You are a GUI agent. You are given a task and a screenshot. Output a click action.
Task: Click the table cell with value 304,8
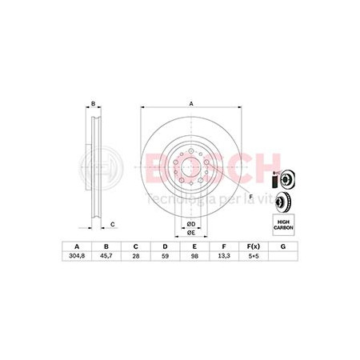(77, 256)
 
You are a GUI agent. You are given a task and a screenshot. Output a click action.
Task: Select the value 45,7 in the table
(106, 256)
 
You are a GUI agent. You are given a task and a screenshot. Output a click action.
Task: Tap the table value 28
(136, 256)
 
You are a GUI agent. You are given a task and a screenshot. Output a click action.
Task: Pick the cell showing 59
(165, 256)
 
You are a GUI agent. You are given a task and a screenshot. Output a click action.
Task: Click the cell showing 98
(194, 256)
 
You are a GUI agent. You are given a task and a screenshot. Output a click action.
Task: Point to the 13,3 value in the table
(224, 256)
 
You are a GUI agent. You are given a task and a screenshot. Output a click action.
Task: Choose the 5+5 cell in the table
(254, 256)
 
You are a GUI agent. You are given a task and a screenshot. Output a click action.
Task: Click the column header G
(283, 246)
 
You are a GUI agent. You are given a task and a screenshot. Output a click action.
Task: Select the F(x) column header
(254, 246)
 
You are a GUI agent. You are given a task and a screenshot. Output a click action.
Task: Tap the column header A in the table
(77, 246)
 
